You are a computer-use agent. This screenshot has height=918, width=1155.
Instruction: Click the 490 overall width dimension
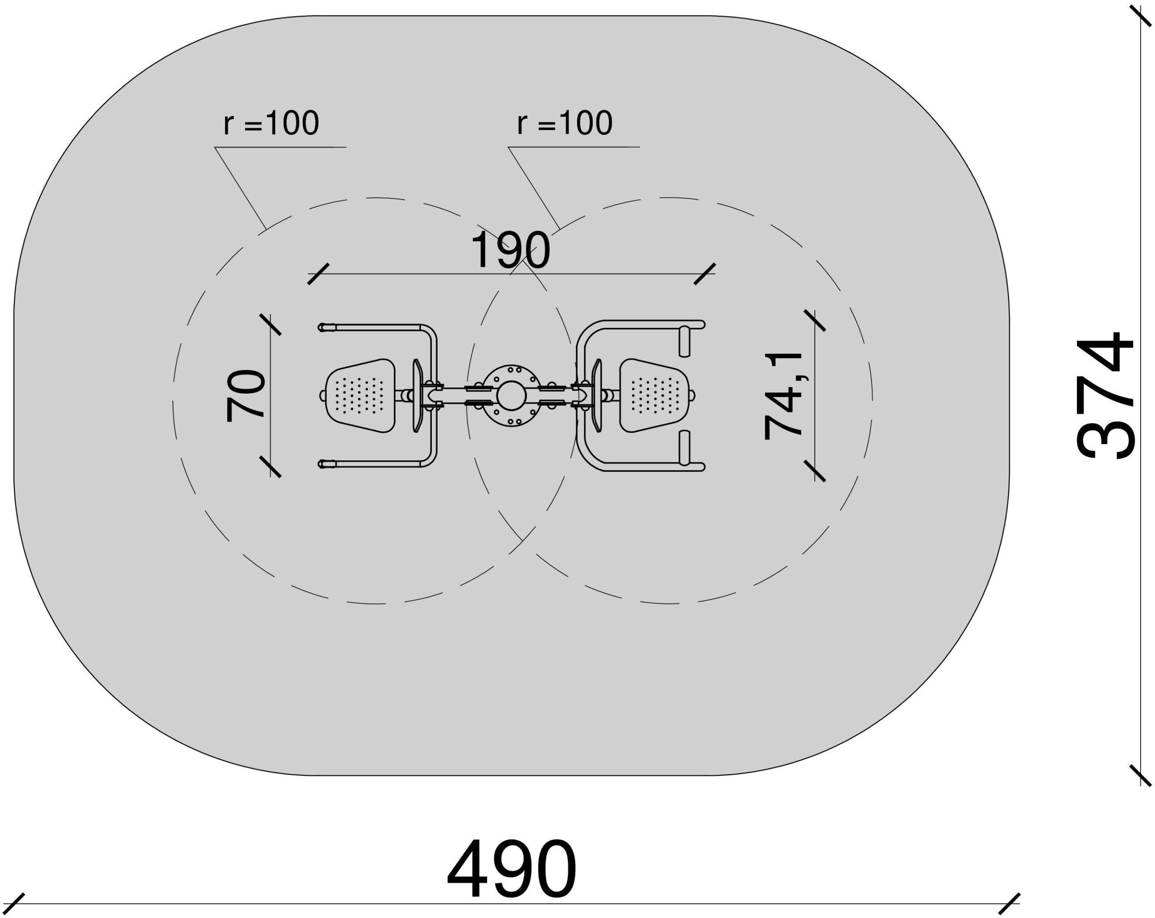point(512,869)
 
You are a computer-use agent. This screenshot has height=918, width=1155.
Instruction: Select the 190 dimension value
point(510,250)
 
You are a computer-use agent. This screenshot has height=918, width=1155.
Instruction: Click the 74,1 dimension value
point(783,395)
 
